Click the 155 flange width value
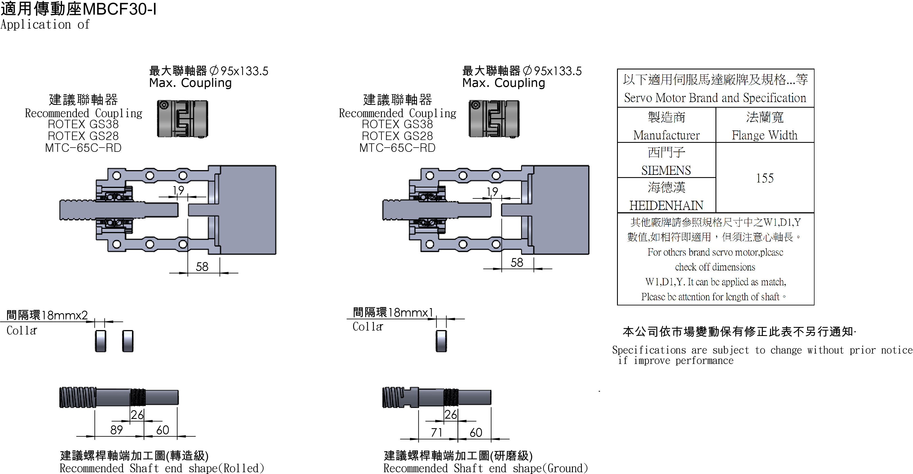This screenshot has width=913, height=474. (764, 178)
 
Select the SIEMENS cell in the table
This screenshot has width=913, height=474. (666, 170)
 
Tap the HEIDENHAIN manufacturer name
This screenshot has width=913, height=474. (666, 206)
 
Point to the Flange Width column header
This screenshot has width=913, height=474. (764, 135)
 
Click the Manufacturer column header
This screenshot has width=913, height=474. (666, 135)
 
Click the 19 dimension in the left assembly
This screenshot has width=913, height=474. (178, 191)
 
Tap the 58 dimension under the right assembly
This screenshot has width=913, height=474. (517, 263)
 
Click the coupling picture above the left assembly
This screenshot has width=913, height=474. (183, 119)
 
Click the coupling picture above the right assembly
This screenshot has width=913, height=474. (494, 119)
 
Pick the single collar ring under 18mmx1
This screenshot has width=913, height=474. (441, 341)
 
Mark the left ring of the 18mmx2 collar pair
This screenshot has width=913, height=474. (101, 341)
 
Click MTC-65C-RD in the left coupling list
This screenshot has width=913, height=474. (83, 148)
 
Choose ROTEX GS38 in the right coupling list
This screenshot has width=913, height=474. (397, 124)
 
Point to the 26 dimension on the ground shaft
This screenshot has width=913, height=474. (450, 414)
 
